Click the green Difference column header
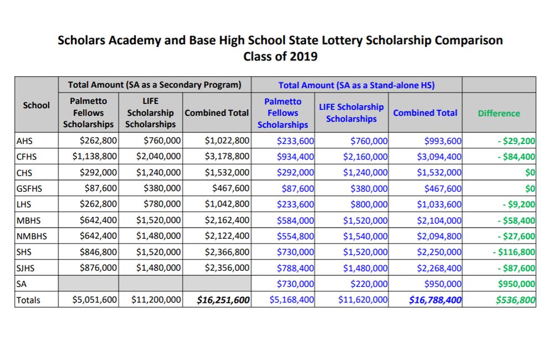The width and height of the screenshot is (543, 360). click(499, 113)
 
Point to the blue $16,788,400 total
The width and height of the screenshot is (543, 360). click(435, 300)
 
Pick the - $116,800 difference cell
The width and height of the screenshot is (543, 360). click(514, 252)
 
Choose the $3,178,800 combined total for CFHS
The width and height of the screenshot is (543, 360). click(227, 156)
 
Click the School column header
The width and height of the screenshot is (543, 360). click(37, 105)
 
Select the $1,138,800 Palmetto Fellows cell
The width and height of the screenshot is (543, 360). click(95, 156)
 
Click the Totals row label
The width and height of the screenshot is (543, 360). click(29, 300)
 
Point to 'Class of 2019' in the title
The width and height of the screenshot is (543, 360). click(280, 56)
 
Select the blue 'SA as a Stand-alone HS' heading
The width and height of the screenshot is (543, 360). click(356, 85)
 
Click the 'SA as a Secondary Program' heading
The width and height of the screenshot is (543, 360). click(155, 85)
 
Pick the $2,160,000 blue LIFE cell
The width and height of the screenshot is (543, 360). click(366, 156)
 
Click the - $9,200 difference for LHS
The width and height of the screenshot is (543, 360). click(519, 204)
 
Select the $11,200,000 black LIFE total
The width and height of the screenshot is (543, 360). click(156, 300)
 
